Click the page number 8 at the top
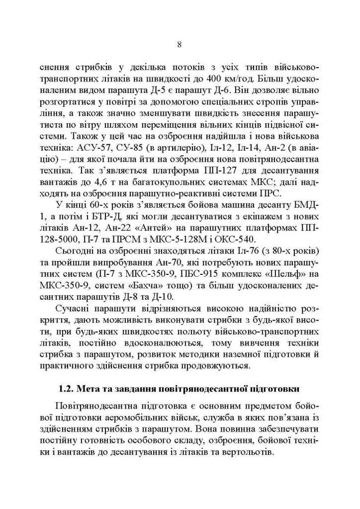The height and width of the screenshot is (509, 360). (180, 44)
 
